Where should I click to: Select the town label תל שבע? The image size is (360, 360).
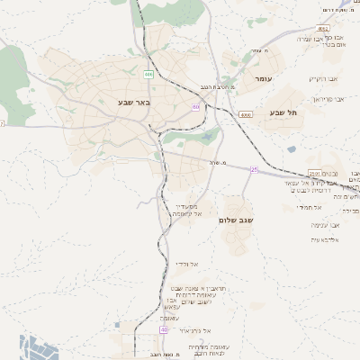point(282,112)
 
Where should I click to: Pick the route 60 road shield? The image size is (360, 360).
point(195,107)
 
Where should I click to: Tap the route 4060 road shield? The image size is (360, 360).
point(246,115)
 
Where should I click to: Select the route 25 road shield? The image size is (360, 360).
point(255,169)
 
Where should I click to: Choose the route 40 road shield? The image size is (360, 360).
point(164,330)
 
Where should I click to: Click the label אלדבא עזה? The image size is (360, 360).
point(322,238)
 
